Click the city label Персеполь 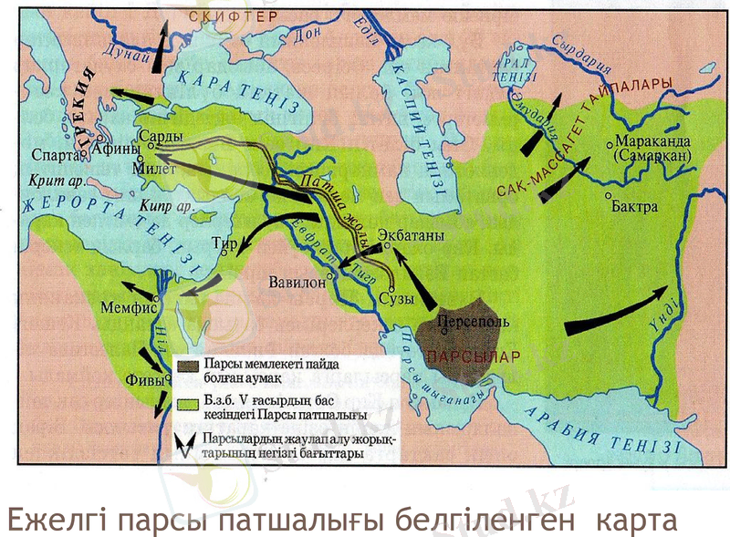[x=467, y=321]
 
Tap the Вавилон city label [x=297, y=282]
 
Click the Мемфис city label [x=128, y=308]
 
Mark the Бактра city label [x=637, y=206]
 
